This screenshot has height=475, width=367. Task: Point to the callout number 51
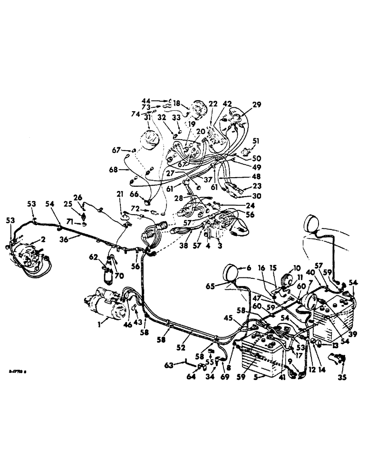256,141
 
